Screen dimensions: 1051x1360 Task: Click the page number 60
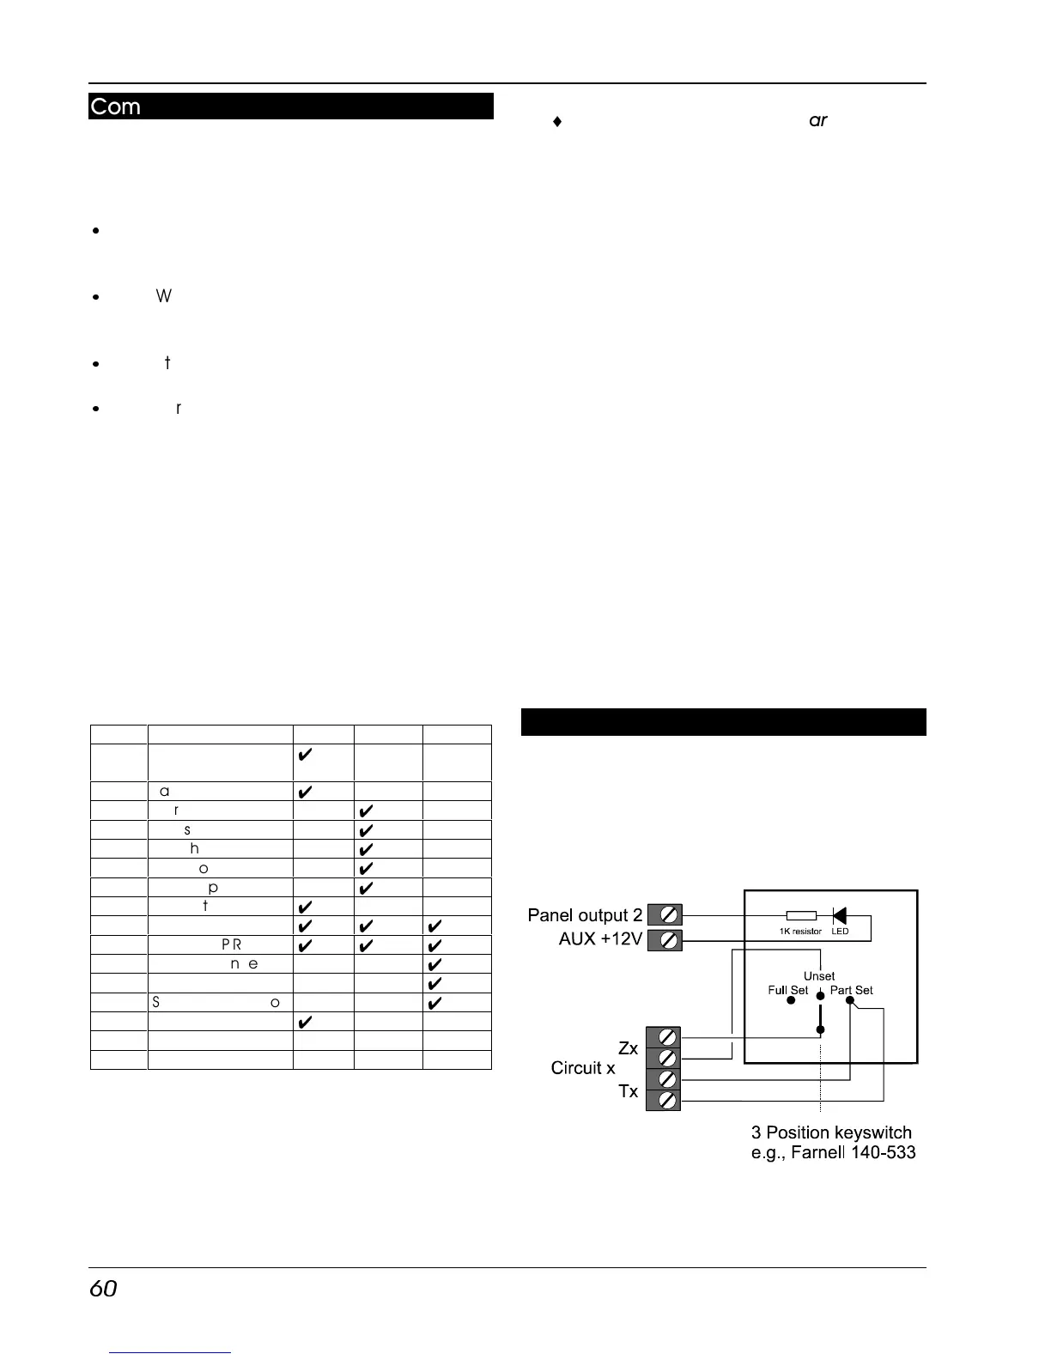pyautogui.click(x=103, y=1289)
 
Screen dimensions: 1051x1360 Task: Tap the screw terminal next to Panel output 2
pyautogui.click(x=665, y=915)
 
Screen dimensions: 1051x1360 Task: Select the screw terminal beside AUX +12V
pyautogui.click(x=665, y=940)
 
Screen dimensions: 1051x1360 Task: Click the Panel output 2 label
pyautogui.click(x=585, y=915)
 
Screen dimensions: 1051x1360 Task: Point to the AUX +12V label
pyautogui.click(x=600, y=939)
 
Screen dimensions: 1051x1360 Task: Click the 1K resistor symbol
pyautogui.click(x=801, y=916)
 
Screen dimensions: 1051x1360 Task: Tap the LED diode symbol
pyautogui.click(x=839, y=916)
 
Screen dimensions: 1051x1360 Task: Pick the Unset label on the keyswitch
pyautogui.click(x=819, y=976)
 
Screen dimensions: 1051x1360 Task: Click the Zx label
pyautogui.click(x=628, y=1048)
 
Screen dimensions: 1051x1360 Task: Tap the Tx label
pyautogui.click(x=628, y=1091)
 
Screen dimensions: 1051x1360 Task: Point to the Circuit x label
pyautogui.click(x=583, y=1068)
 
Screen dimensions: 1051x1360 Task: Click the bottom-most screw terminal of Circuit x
pyautogui.click(x=664, y=1100)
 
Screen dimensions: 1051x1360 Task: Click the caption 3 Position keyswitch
pyautogui.click(x=831, y=1132)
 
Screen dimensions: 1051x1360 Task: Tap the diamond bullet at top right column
pyautogui.click(x=557, y=122)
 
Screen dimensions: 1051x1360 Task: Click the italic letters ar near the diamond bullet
pyautogui.click(x=818, y=121)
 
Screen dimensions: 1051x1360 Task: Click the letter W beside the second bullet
pyautogui.click(x=164, y=296)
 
